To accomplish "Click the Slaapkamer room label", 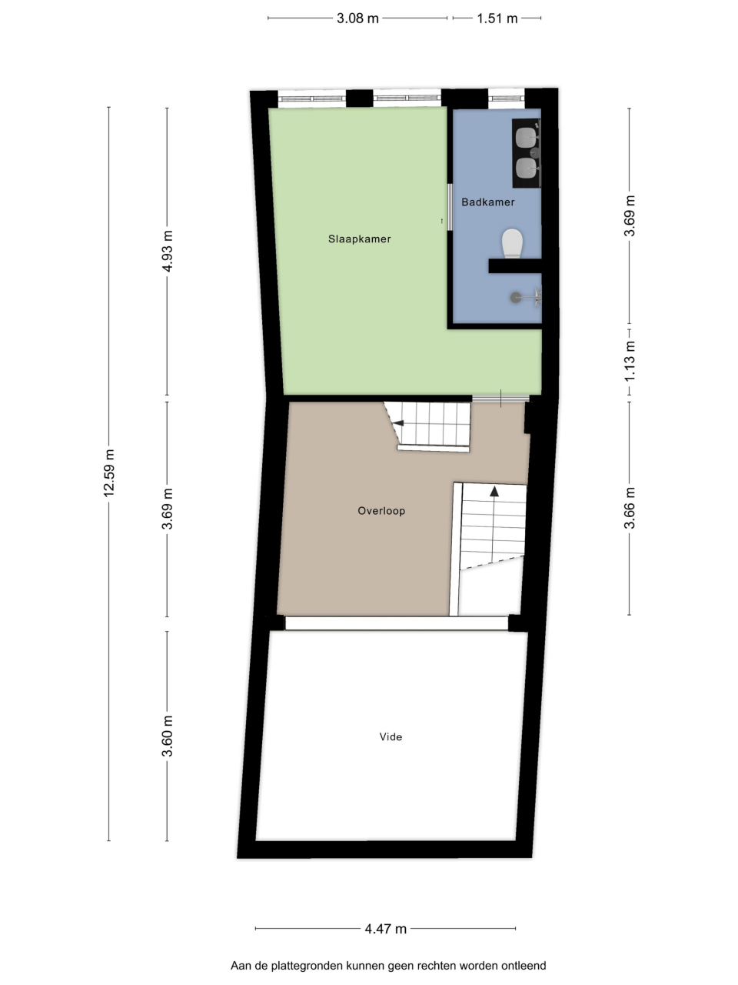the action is [x=359, y=239].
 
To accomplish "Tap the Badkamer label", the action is [x=488, y=202].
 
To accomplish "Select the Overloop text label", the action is [x=381, y=511].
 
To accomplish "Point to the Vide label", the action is [x=391, y=737].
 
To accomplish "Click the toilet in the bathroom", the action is [x=512, y=243].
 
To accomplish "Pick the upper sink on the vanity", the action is [x=526, y=137].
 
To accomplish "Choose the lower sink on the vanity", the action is [x=526, y=169].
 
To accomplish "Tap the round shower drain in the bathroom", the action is [x=516, y=297].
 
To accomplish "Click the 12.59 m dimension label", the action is [x=109, y=473].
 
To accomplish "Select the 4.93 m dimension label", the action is [x=167, y=251].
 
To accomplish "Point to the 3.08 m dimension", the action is [x=357, y=18].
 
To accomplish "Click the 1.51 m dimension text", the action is [x=497, y=18].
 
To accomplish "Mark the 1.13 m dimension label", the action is [x=630, y=362].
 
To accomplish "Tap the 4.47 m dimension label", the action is [x=385, y=929].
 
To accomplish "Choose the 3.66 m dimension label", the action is [x=630, y=508].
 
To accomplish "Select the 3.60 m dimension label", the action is [x=167, y=736].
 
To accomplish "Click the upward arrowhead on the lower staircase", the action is [x=494, y=491].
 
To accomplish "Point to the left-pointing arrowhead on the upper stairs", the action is [x=398, y=423].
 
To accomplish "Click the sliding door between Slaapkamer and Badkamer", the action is [x=450, y=207].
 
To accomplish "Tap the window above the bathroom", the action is [x=507, y=98].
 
